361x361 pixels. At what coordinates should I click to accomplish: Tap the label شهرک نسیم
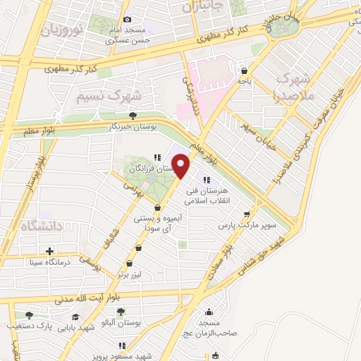click(x=109, y=95)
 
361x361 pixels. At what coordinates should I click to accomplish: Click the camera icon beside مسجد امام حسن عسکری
click(x=127, y=20)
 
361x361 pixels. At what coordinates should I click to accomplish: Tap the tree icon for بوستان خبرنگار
click(x=133, y=116)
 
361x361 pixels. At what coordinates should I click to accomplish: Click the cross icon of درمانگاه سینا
click(x=49, y=251)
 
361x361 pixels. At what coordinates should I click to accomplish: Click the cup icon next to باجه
click(x=244, y=71)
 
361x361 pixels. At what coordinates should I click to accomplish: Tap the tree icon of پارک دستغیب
click(x=29, y=315)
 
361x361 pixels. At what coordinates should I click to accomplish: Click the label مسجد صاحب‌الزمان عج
click(x=209, y=328)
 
